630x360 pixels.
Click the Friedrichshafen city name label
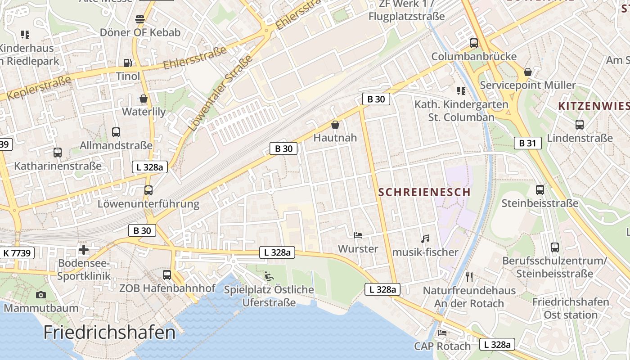[x=109, y=333]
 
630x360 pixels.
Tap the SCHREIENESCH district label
[x=424, y=192]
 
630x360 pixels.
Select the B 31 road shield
[x=527, y=143]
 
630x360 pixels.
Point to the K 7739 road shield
[x=17, y=253]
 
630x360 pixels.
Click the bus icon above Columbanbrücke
[x=473, y=43]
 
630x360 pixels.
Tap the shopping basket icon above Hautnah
[x=335, y=124]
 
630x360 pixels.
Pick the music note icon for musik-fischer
[x=425, y=239]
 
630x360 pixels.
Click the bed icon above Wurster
[x=358, y=235]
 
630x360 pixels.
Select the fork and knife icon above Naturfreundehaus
[x=469, y=276]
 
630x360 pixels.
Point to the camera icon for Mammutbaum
[x=41, y=295]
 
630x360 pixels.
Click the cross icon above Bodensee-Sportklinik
[x=84, y=250]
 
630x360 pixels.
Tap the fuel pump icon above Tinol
[x=128, y=63]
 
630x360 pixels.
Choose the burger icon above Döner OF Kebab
[x=140, y=19]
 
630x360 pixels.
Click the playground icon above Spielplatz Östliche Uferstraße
[x=269, y=276]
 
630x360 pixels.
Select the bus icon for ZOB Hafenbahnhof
[x=167, y=274]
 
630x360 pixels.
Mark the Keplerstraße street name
[x=40, y=88]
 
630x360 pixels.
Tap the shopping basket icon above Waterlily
[x=144, y=98]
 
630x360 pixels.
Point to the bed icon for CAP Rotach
[x=442, y=333]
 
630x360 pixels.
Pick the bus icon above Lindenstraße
[x=580, y=125]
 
